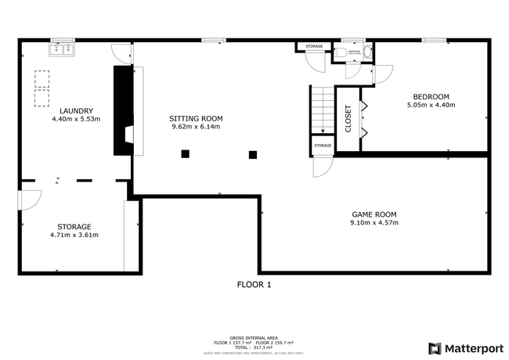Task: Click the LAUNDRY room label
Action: [x=76, y=110]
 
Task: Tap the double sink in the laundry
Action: [x=61, y=49]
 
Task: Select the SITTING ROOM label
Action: [x=195, y=117]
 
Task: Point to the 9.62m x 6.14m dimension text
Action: [x=195, y=126]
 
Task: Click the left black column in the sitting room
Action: [x=186, y=154]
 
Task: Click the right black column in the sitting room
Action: [x=252, y=155]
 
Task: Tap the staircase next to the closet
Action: [x=321, y=110]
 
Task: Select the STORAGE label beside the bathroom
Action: [x=313, y=47]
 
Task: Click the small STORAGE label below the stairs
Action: [x=323, y=146]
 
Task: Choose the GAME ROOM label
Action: [x=374, y=214]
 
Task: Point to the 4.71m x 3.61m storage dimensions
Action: [x=74, y=235]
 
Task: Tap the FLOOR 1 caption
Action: [x=254, y=285]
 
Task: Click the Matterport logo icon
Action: [x=435, y=348]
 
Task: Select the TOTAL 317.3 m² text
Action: [x=254, y=347]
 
